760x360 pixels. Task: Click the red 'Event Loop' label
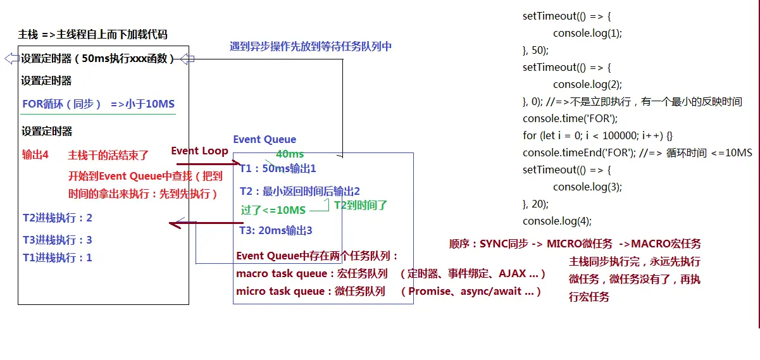point(199,151)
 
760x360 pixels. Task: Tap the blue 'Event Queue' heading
point(265,140)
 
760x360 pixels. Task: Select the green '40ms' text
point(290,154)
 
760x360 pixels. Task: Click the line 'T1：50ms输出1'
point(278,169)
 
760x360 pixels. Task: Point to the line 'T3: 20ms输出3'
point(276,231)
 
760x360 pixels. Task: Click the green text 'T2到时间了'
point(361,205)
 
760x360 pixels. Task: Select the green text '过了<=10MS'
point(273,210)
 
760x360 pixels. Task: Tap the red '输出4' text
point(35,155)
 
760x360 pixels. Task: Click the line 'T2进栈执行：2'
point(58,218)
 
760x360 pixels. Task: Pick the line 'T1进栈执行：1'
point(58,258)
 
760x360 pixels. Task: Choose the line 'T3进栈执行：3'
point(58,240)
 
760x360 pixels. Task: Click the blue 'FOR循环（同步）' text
point(62,104)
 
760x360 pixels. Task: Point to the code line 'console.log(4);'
point(557,221)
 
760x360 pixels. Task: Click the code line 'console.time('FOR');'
point(570,118)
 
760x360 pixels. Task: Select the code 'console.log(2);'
point(587,84)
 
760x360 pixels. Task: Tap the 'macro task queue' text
point(279,274)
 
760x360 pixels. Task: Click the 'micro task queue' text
point(278,292)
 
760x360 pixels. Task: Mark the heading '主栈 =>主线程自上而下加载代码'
point(93,35)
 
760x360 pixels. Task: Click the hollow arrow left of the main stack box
point(11,59)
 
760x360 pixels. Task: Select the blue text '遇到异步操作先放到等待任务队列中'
point(310,47)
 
